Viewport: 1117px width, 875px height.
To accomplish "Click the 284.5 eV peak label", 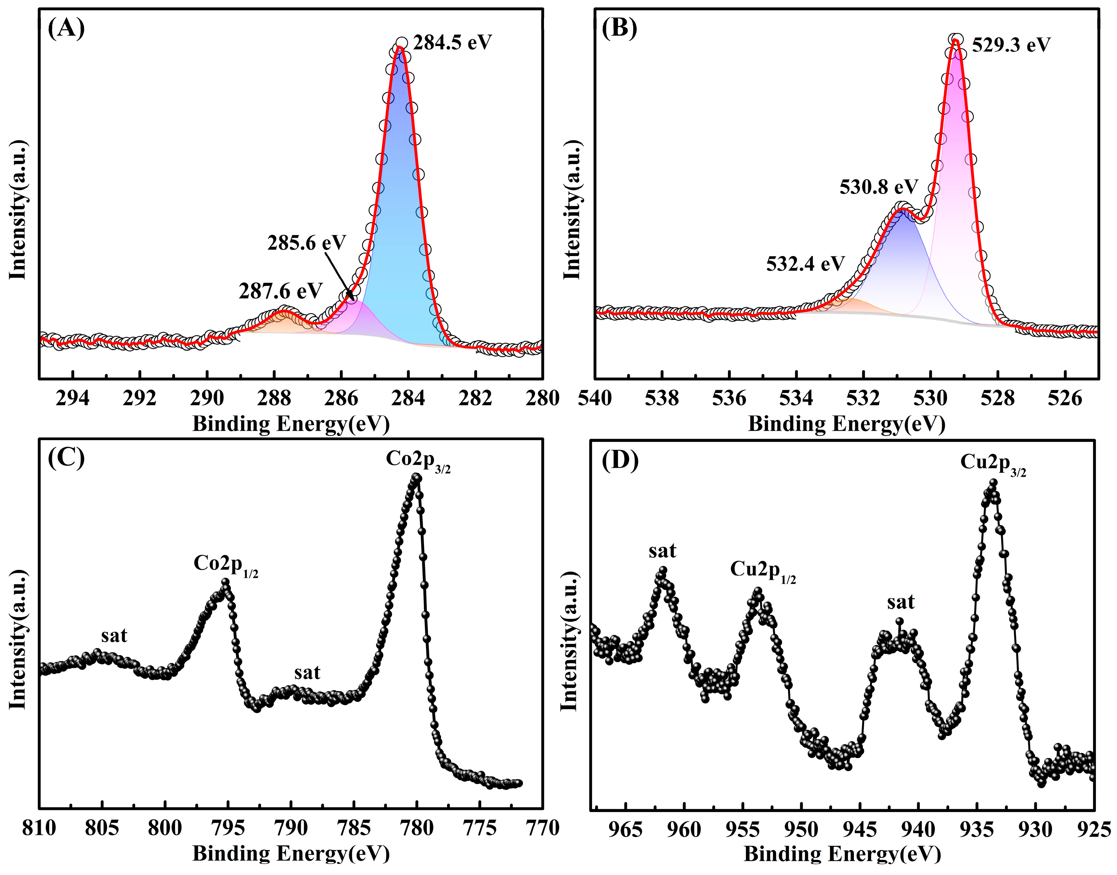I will (x=452, y=43).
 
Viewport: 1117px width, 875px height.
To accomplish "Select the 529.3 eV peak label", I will (x=1011, y=45).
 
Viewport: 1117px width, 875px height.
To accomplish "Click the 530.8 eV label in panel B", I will (x=878, y=187).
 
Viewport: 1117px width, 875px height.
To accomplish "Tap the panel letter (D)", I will (x=620, y=461).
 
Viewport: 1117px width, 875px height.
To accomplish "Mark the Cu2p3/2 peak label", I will (x=993, y=464).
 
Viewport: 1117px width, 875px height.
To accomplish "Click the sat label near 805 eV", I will (x=114, y=636).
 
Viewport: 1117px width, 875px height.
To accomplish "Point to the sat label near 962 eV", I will (x=662, y=551).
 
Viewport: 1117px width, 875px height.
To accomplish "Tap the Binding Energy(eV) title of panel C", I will (x=291, y=854).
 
